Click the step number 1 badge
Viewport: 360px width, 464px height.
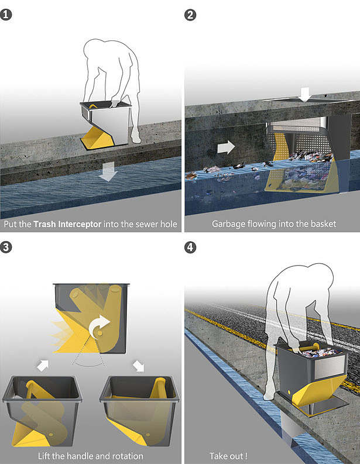click(6, 14)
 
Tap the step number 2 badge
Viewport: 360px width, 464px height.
click(190, 15)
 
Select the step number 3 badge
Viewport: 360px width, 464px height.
click(6, 247)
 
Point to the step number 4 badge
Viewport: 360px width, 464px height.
click(190, 247)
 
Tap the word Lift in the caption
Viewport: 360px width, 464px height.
click(44, 456)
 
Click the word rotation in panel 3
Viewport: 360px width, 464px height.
click(125, 456)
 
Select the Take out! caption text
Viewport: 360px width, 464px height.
click(228, 456)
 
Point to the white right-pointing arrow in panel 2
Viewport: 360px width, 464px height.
click(226, 147)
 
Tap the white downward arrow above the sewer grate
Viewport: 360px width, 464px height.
click(304, 95)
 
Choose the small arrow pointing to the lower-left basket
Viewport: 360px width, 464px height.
click(43, 366)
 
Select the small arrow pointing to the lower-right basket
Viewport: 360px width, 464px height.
click(138, 366)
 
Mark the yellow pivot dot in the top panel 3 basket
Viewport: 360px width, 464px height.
click(100, 333)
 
